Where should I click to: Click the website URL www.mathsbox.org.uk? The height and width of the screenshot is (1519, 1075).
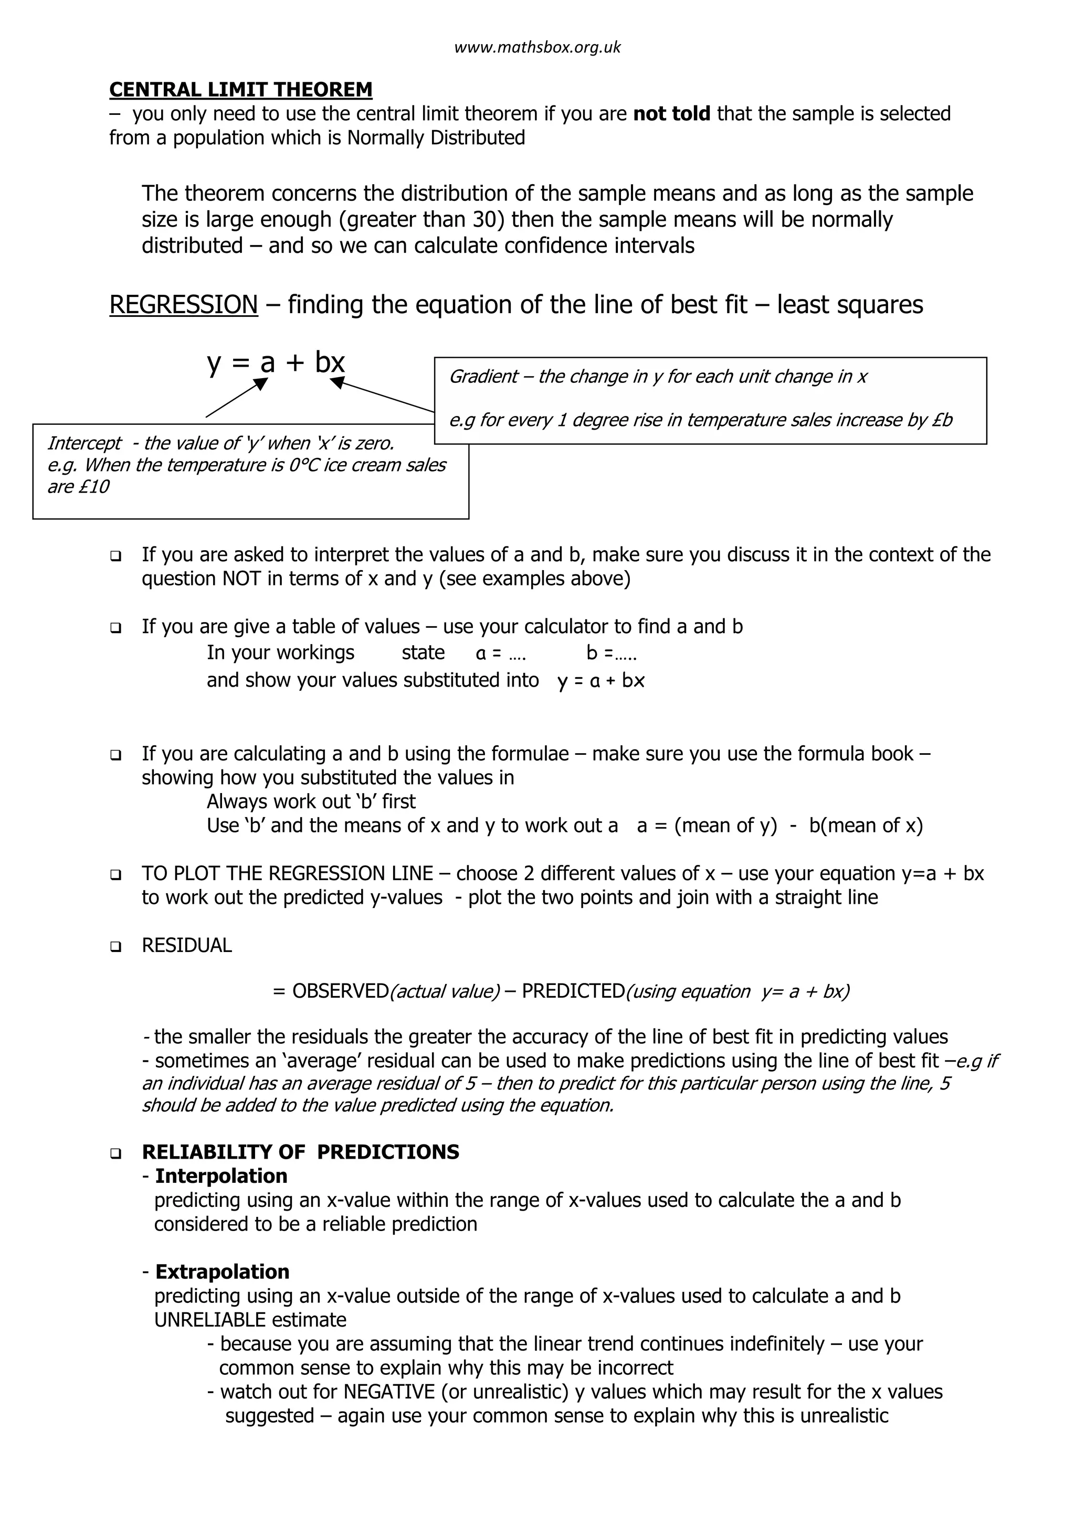click(537, 48)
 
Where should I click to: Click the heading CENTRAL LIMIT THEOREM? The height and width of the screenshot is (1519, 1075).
click(240, 89)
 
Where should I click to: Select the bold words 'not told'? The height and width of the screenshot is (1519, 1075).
click(671, 114)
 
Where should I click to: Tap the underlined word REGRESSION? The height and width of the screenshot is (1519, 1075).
click(183, 305)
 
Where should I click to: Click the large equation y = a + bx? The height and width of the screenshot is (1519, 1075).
click(276, 362)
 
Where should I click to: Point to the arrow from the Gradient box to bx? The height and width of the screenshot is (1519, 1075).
click(383, 395)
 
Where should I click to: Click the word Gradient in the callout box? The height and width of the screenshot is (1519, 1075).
click(482, 377)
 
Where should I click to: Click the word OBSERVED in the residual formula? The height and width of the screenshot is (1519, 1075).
click(340, 991)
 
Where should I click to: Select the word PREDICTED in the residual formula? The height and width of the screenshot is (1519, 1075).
click(573, 991)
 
